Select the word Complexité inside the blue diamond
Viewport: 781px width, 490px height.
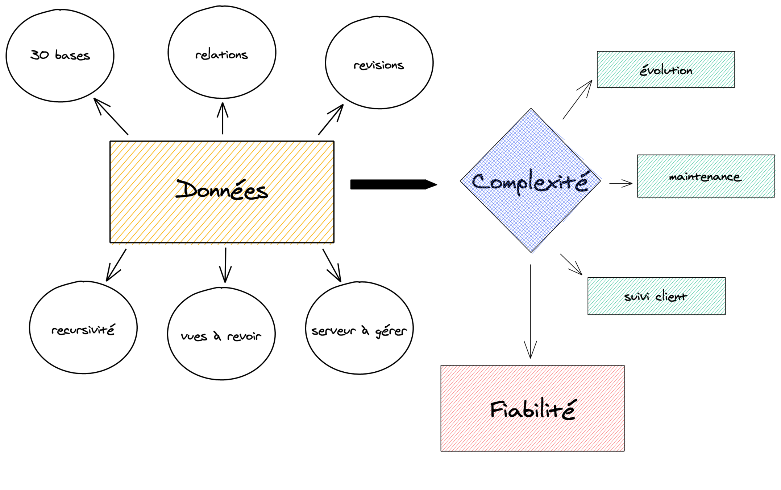[x=530, y=181]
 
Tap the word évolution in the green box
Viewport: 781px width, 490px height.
[x=666, y=70]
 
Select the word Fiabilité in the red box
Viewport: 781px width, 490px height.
[x=532, y=409]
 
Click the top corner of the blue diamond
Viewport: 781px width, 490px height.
[x=531, y=110]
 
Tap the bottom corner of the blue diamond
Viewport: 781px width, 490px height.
[x=532, y=253]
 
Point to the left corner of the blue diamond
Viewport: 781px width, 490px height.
[x=462, y=181]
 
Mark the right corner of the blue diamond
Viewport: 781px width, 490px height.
[x=601, y=179]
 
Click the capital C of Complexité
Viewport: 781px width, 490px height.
[x=480, y=181]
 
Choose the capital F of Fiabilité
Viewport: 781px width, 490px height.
[x=497, y=410]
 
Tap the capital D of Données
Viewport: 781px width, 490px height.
[x=186, y=189]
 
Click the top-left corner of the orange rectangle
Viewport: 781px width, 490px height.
[x=111, y=143]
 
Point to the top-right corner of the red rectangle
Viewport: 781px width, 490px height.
[x=625, y=366]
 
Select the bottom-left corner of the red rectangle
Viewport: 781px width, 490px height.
[x=441, y=451]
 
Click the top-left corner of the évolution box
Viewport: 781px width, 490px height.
[x=598, y=52]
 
